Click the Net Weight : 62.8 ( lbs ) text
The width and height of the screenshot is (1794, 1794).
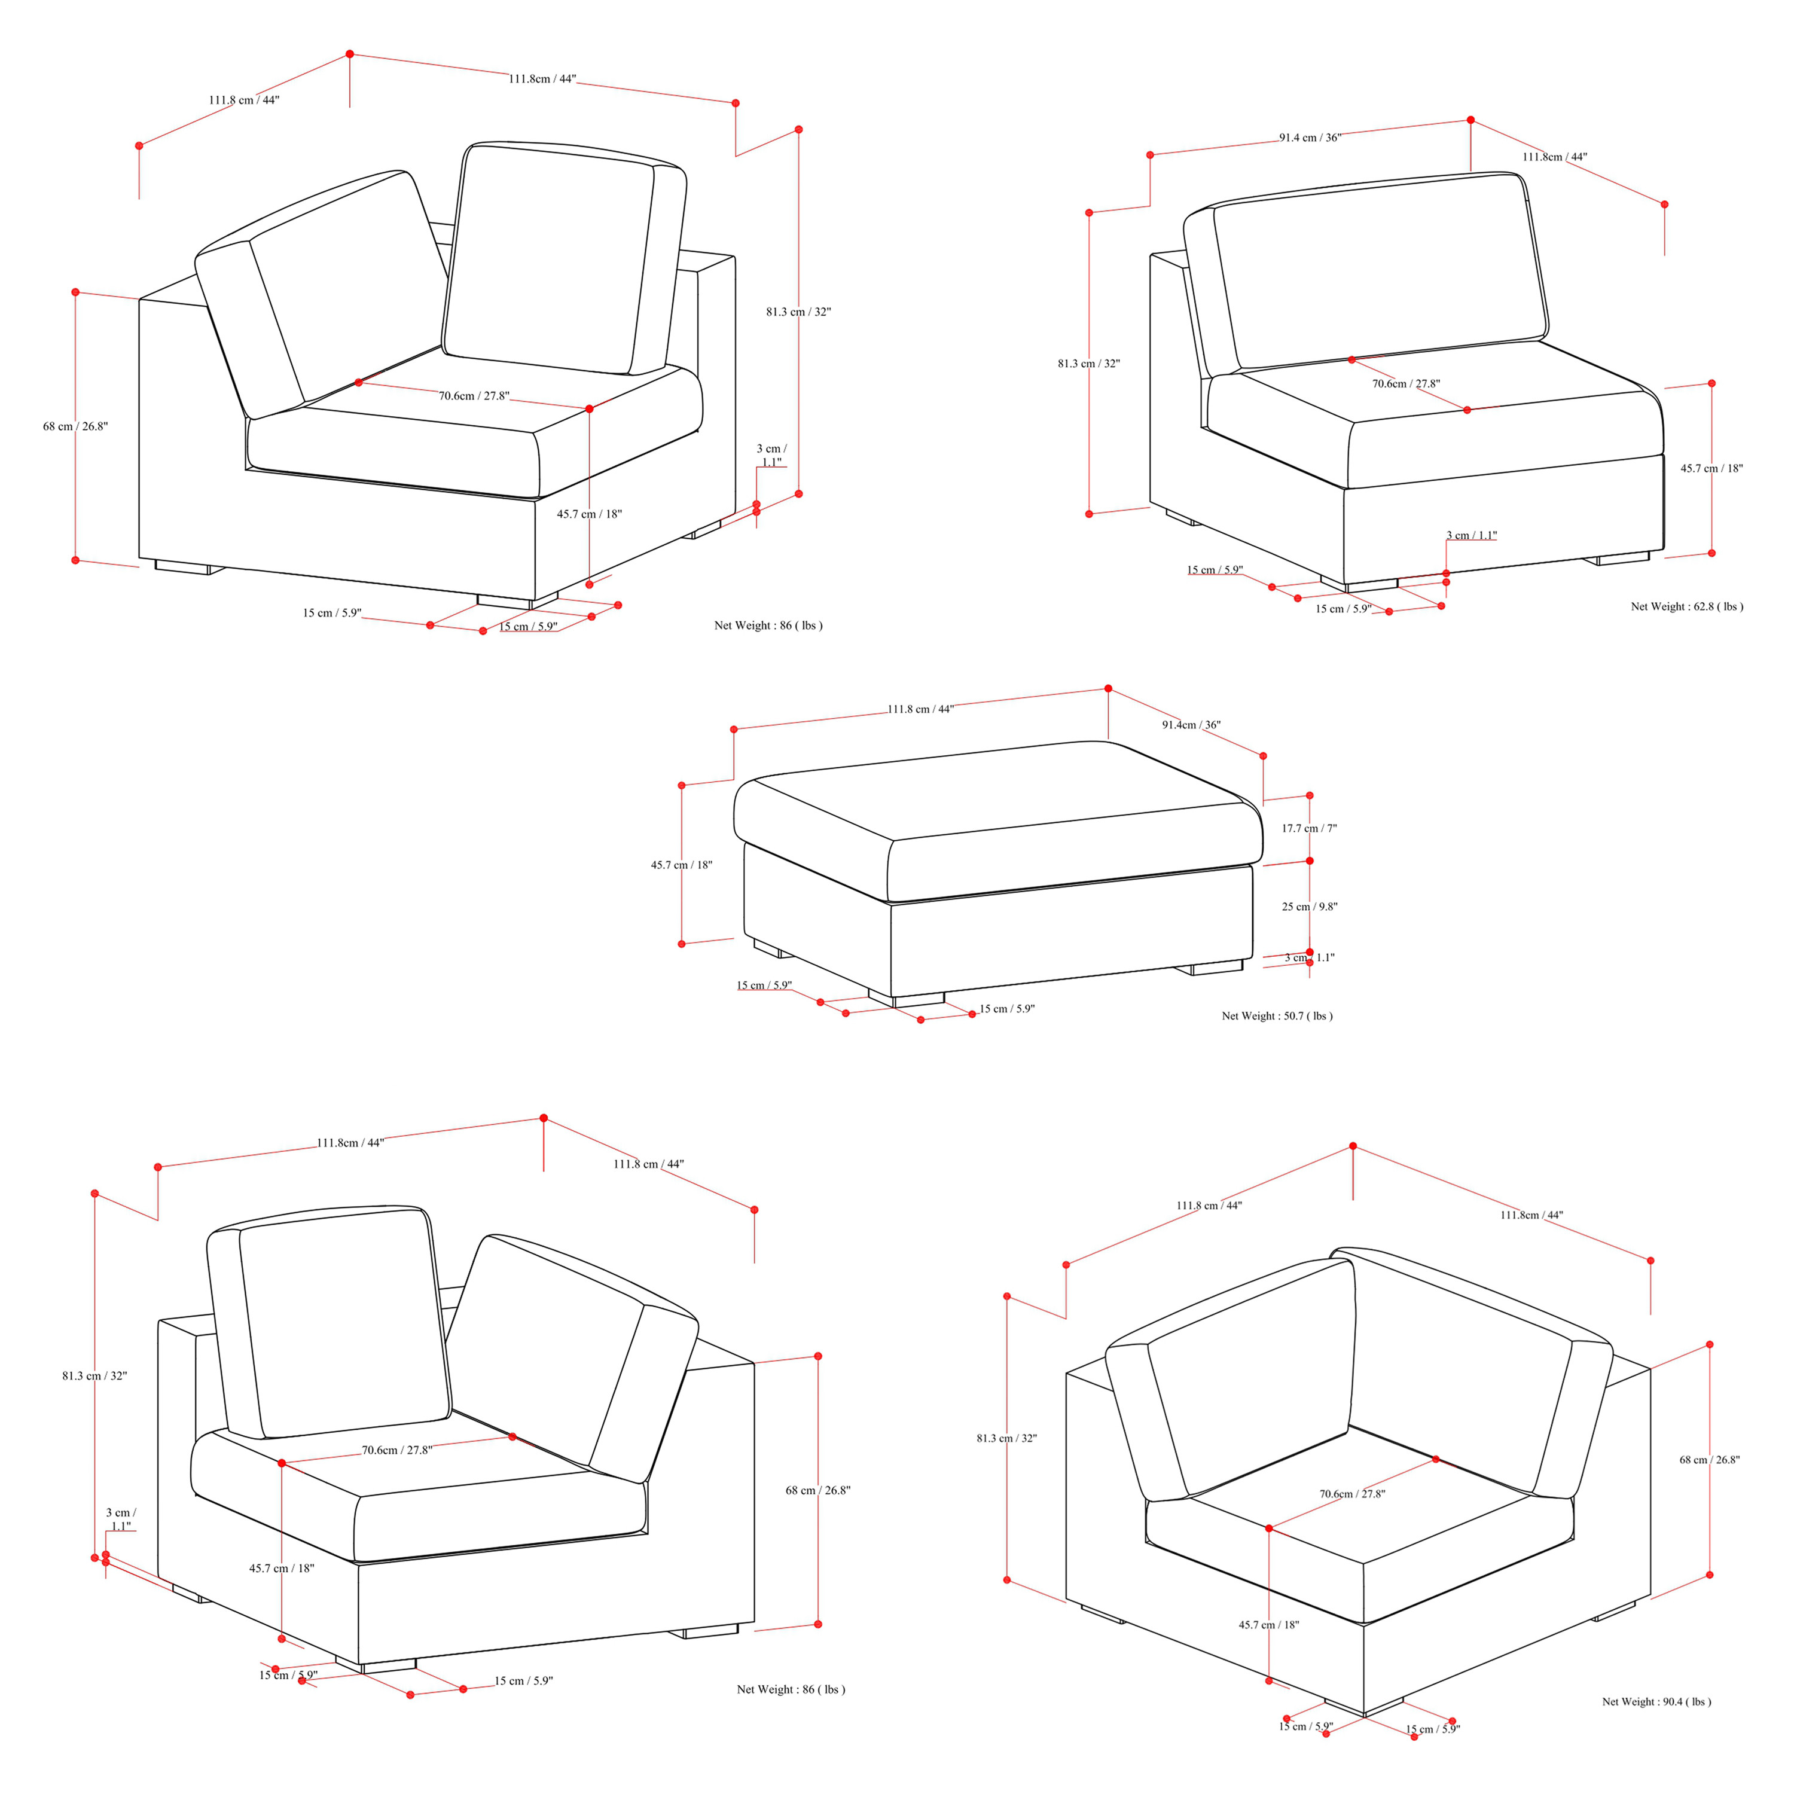(1686, 606)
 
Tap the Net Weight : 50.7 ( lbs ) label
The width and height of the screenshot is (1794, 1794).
(1277, 1016)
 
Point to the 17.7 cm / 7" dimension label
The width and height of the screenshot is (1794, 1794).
(1309, 828)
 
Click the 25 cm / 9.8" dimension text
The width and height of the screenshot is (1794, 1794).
(1309, 907)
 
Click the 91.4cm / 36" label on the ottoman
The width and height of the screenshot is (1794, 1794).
(1191, 724)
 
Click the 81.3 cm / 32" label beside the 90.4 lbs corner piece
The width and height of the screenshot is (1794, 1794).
(1006, 1438)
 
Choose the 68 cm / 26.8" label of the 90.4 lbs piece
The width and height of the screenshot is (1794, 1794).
(1710, 1460)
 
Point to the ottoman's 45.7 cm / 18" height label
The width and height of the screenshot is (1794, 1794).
(682, 865)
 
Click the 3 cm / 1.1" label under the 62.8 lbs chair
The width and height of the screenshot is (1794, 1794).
(1472, 535)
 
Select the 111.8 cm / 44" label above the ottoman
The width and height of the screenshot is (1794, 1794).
(920, 709)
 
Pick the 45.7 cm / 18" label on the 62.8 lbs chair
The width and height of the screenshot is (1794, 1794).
(1711, 468)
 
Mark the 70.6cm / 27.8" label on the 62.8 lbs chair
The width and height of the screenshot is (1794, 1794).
(1406, 383)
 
